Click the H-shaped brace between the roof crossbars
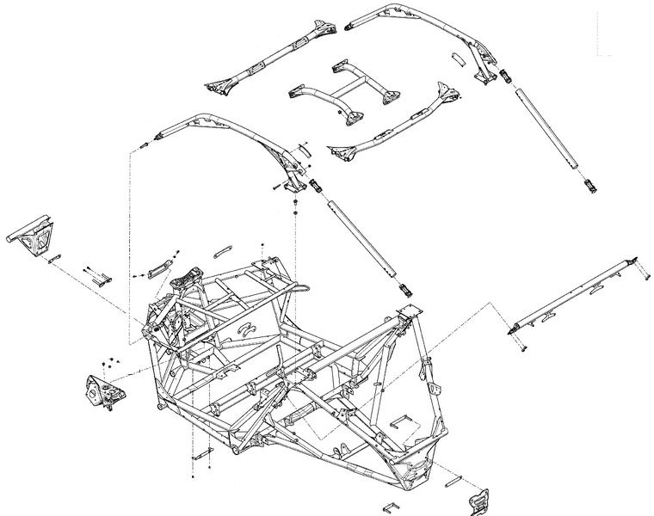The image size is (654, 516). click(344, 88)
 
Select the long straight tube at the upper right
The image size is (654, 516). click(551, 133)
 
